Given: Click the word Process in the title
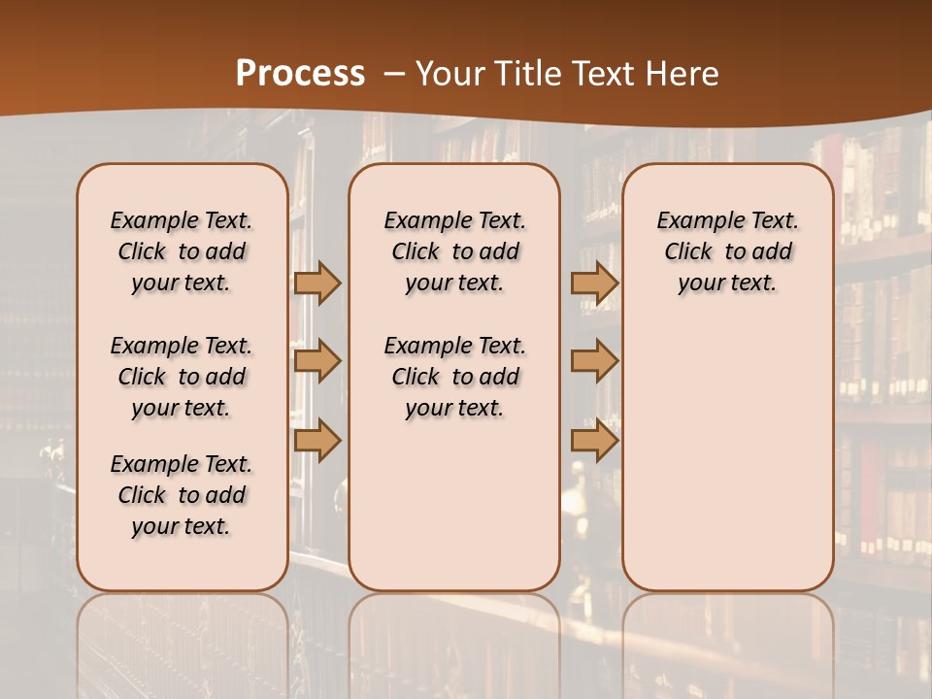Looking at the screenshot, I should click(300, 74).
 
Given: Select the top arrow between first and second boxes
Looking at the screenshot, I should click(317, 283).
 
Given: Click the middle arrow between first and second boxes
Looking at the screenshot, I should click(317, 361).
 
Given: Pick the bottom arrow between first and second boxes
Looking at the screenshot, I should click(317, 440).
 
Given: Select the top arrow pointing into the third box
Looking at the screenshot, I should click(594, 283).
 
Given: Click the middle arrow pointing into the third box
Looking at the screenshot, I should click(594, 361).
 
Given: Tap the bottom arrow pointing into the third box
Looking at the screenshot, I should click(594, 440).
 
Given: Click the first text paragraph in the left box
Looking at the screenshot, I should click(182, 251).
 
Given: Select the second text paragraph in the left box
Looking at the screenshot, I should click(182, 377).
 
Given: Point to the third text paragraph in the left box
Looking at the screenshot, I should click(182, 495).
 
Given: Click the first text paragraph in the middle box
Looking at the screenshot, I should click(454, 251).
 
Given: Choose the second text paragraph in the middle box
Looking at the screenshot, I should click(454, 377).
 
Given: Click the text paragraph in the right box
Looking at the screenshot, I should click(727, 251).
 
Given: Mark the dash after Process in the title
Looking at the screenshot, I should click(394, 74).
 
